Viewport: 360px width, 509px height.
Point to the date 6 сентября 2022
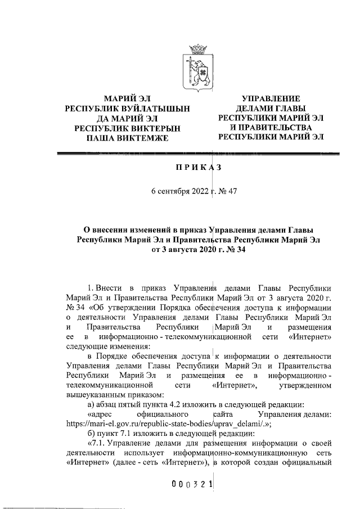[175, 191]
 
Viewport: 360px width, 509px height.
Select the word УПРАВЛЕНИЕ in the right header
[271, 98]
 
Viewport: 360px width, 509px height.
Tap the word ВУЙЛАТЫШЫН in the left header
[152, 108]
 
